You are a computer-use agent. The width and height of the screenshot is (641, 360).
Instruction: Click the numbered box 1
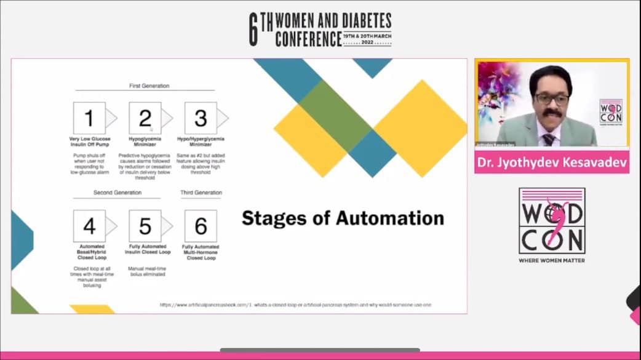point(89,118)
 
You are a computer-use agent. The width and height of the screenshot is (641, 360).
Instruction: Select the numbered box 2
point(145,118)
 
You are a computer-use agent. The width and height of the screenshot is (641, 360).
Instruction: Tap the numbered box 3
point(201,118)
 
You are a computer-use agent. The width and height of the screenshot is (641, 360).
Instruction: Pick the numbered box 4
point(89,226)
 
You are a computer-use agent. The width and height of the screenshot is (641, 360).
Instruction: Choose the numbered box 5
point(145,226)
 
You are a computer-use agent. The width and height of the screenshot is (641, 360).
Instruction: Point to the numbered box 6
point(201,226)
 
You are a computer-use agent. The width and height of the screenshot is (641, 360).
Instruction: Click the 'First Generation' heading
point(149,86)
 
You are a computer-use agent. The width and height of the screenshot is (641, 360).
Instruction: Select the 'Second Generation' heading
point(117,193)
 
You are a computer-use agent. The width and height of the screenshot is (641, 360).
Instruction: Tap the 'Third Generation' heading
point(201,193)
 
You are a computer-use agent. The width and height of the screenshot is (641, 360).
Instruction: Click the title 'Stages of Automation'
point(343,218)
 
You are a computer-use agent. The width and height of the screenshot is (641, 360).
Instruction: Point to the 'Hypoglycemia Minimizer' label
point(145,142)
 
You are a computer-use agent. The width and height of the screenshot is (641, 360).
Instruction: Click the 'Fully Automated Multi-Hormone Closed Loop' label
point(201,252)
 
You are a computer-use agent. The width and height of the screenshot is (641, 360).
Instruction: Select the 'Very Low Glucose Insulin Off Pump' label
point(89,142)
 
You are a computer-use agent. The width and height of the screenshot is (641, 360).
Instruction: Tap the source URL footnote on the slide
point(295,305)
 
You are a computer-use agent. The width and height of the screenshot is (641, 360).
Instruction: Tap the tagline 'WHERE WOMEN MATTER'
point(552,260)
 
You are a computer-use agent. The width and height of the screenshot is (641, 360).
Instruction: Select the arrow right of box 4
point(111,226)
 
